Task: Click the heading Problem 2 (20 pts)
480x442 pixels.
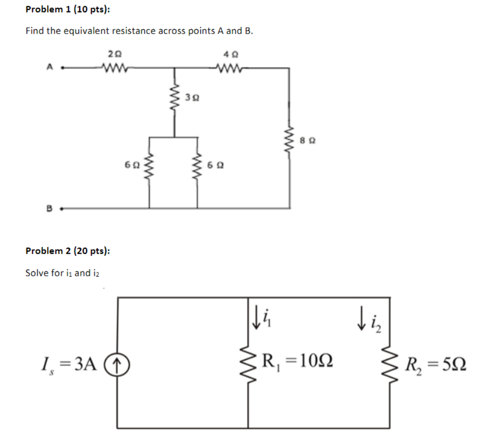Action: tap(67, 251)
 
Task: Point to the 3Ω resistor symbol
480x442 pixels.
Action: tap(174, 96)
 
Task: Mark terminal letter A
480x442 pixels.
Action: tap(49, 68)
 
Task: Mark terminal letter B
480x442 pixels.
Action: tap(49, 208)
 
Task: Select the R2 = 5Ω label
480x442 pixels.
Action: tap(435, 366)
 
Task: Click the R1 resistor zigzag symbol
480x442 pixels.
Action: tap(248, 366)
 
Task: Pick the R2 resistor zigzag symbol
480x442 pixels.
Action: tap(391, 366)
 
